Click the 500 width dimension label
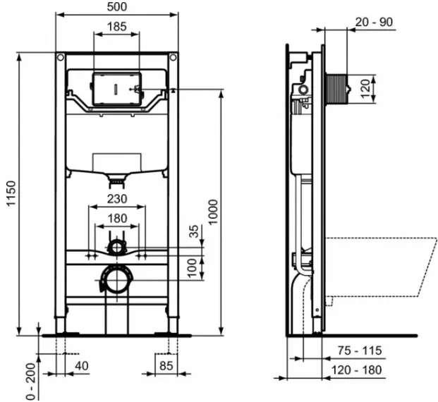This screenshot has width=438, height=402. pyautogui.click(x=117, y=7)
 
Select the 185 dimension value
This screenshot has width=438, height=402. pyautogui.click(x=117, y=27)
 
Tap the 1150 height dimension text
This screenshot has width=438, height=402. pyautogui.click(x=11, y=193)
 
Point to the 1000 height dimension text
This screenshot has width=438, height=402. pyautogui.click(x=213, y=212)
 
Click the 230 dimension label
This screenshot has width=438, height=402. pyautogui.click(x=117, y=199)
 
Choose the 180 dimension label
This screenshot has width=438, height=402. pyautogui.click(x=117, y=218)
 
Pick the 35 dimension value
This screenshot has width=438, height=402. pyautogui.click(x=194, y=231)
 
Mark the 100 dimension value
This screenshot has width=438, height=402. pyautogui.click(x=192, y=268)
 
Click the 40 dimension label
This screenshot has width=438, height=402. pyautogui.click(x=82, y=366)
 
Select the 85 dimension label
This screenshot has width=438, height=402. pyautogui.click(x=166, y=366)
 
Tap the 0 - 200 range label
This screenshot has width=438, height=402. pyautogui.click(x=31, y=382)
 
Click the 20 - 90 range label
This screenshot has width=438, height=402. pyautogui.click(x=374, y=22)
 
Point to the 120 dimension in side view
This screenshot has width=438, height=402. pyautogui.click(x=365, y=89)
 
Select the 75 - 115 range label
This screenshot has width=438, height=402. pyautogui.click(x=360, y=351)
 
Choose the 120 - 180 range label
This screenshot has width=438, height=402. pyautogui.click(x=356, y=370)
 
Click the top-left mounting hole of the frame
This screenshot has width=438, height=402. pyautogui.click(x=61, y=58)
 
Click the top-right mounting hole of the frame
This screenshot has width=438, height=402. pyautogui.click(x=174, y=58)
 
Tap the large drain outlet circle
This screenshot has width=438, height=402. pyautogui.click(x=117, y=279)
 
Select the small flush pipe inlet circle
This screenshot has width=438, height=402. pyautogui.click(x=117, y=247)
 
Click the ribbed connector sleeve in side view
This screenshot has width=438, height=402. pyautogui.click(x=336, y=89)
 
